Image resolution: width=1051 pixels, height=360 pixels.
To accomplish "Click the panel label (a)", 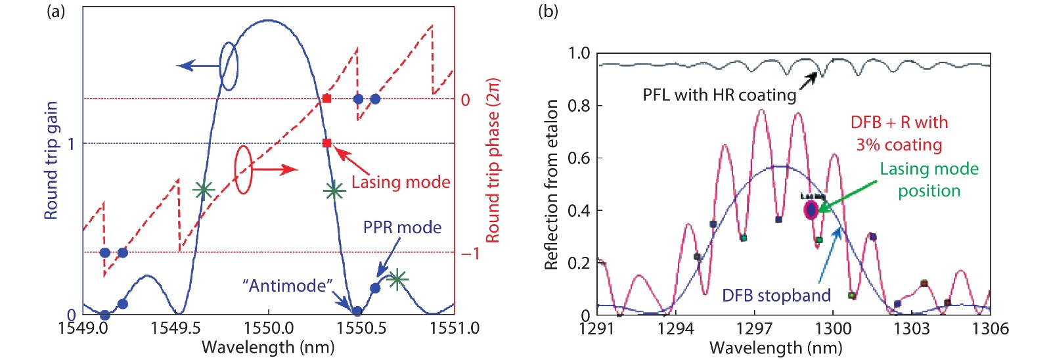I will click(56, 11).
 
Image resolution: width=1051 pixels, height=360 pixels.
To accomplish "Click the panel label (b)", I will click(548, 11).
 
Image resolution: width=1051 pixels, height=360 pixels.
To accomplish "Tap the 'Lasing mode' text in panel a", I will click(401, 182).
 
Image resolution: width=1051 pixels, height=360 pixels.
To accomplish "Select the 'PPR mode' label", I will click(402, 227).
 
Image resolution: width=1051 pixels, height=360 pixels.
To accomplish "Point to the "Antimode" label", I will click(288, 286).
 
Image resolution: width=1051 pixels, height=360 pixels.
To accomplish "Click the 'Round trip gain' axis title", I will click(51, 160).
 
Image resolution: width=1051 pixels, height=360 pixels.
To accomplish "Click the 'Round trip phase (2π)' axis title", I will click(493, 160).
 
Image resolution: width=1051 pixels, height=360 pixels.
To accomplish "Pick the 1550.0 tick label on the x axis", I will click(268, 328).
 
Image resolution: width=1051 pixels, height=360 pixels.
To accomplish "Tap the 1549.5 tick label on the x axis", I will click(176, 328).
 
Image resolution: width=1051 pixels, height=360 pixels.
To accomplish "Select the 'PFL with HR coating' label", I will click(719, 95).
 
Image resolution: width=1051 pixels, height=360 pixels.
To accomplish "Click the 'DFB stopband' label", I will click(776, 296).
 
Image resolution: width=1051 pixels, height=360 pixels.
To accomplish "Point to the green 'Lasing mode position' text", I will click(929, 179).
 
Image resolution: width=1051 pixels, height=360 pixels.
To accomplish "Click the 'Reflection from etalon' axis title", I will click(552, 185).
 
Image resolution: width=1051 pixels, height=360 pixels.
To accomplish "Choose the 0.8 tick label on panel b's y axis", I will click(579, 105).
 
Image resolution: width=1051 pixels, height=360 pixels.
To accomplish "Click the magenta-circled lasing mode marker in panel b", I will click(811, 210).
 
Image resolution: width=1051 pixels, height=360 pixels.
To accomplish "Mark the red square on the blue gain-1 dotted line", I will click(327, 143).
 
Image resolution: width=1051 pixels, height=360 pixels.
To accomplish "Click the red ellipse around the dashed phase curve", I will click(243, 169).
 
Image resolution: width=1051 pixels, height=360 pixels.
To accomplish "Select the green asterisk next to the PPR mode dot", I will click(397, 279).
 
